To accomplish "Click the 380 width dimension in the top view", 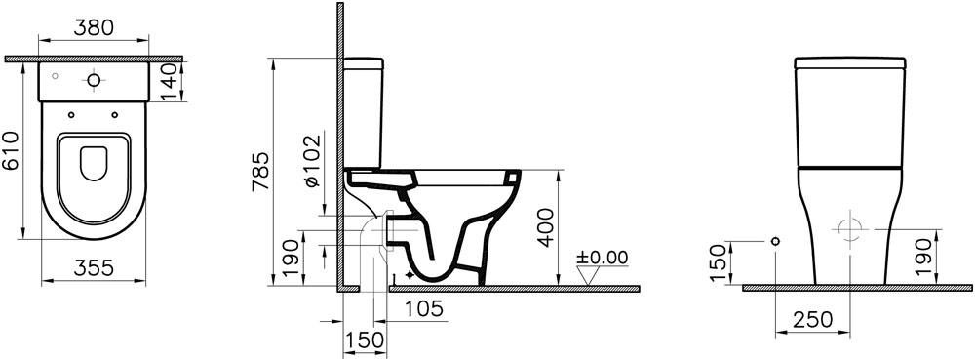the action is (94, 27).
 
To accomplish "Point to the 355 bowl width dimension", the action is (94, 268).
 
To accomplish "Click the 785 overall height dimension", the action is (262, 171).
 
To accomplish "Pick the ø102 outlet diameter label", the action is (313, 160).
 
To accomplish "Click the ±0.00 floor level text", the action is (602, 257).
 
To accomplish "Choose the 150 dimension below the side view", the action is (365, 340).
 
